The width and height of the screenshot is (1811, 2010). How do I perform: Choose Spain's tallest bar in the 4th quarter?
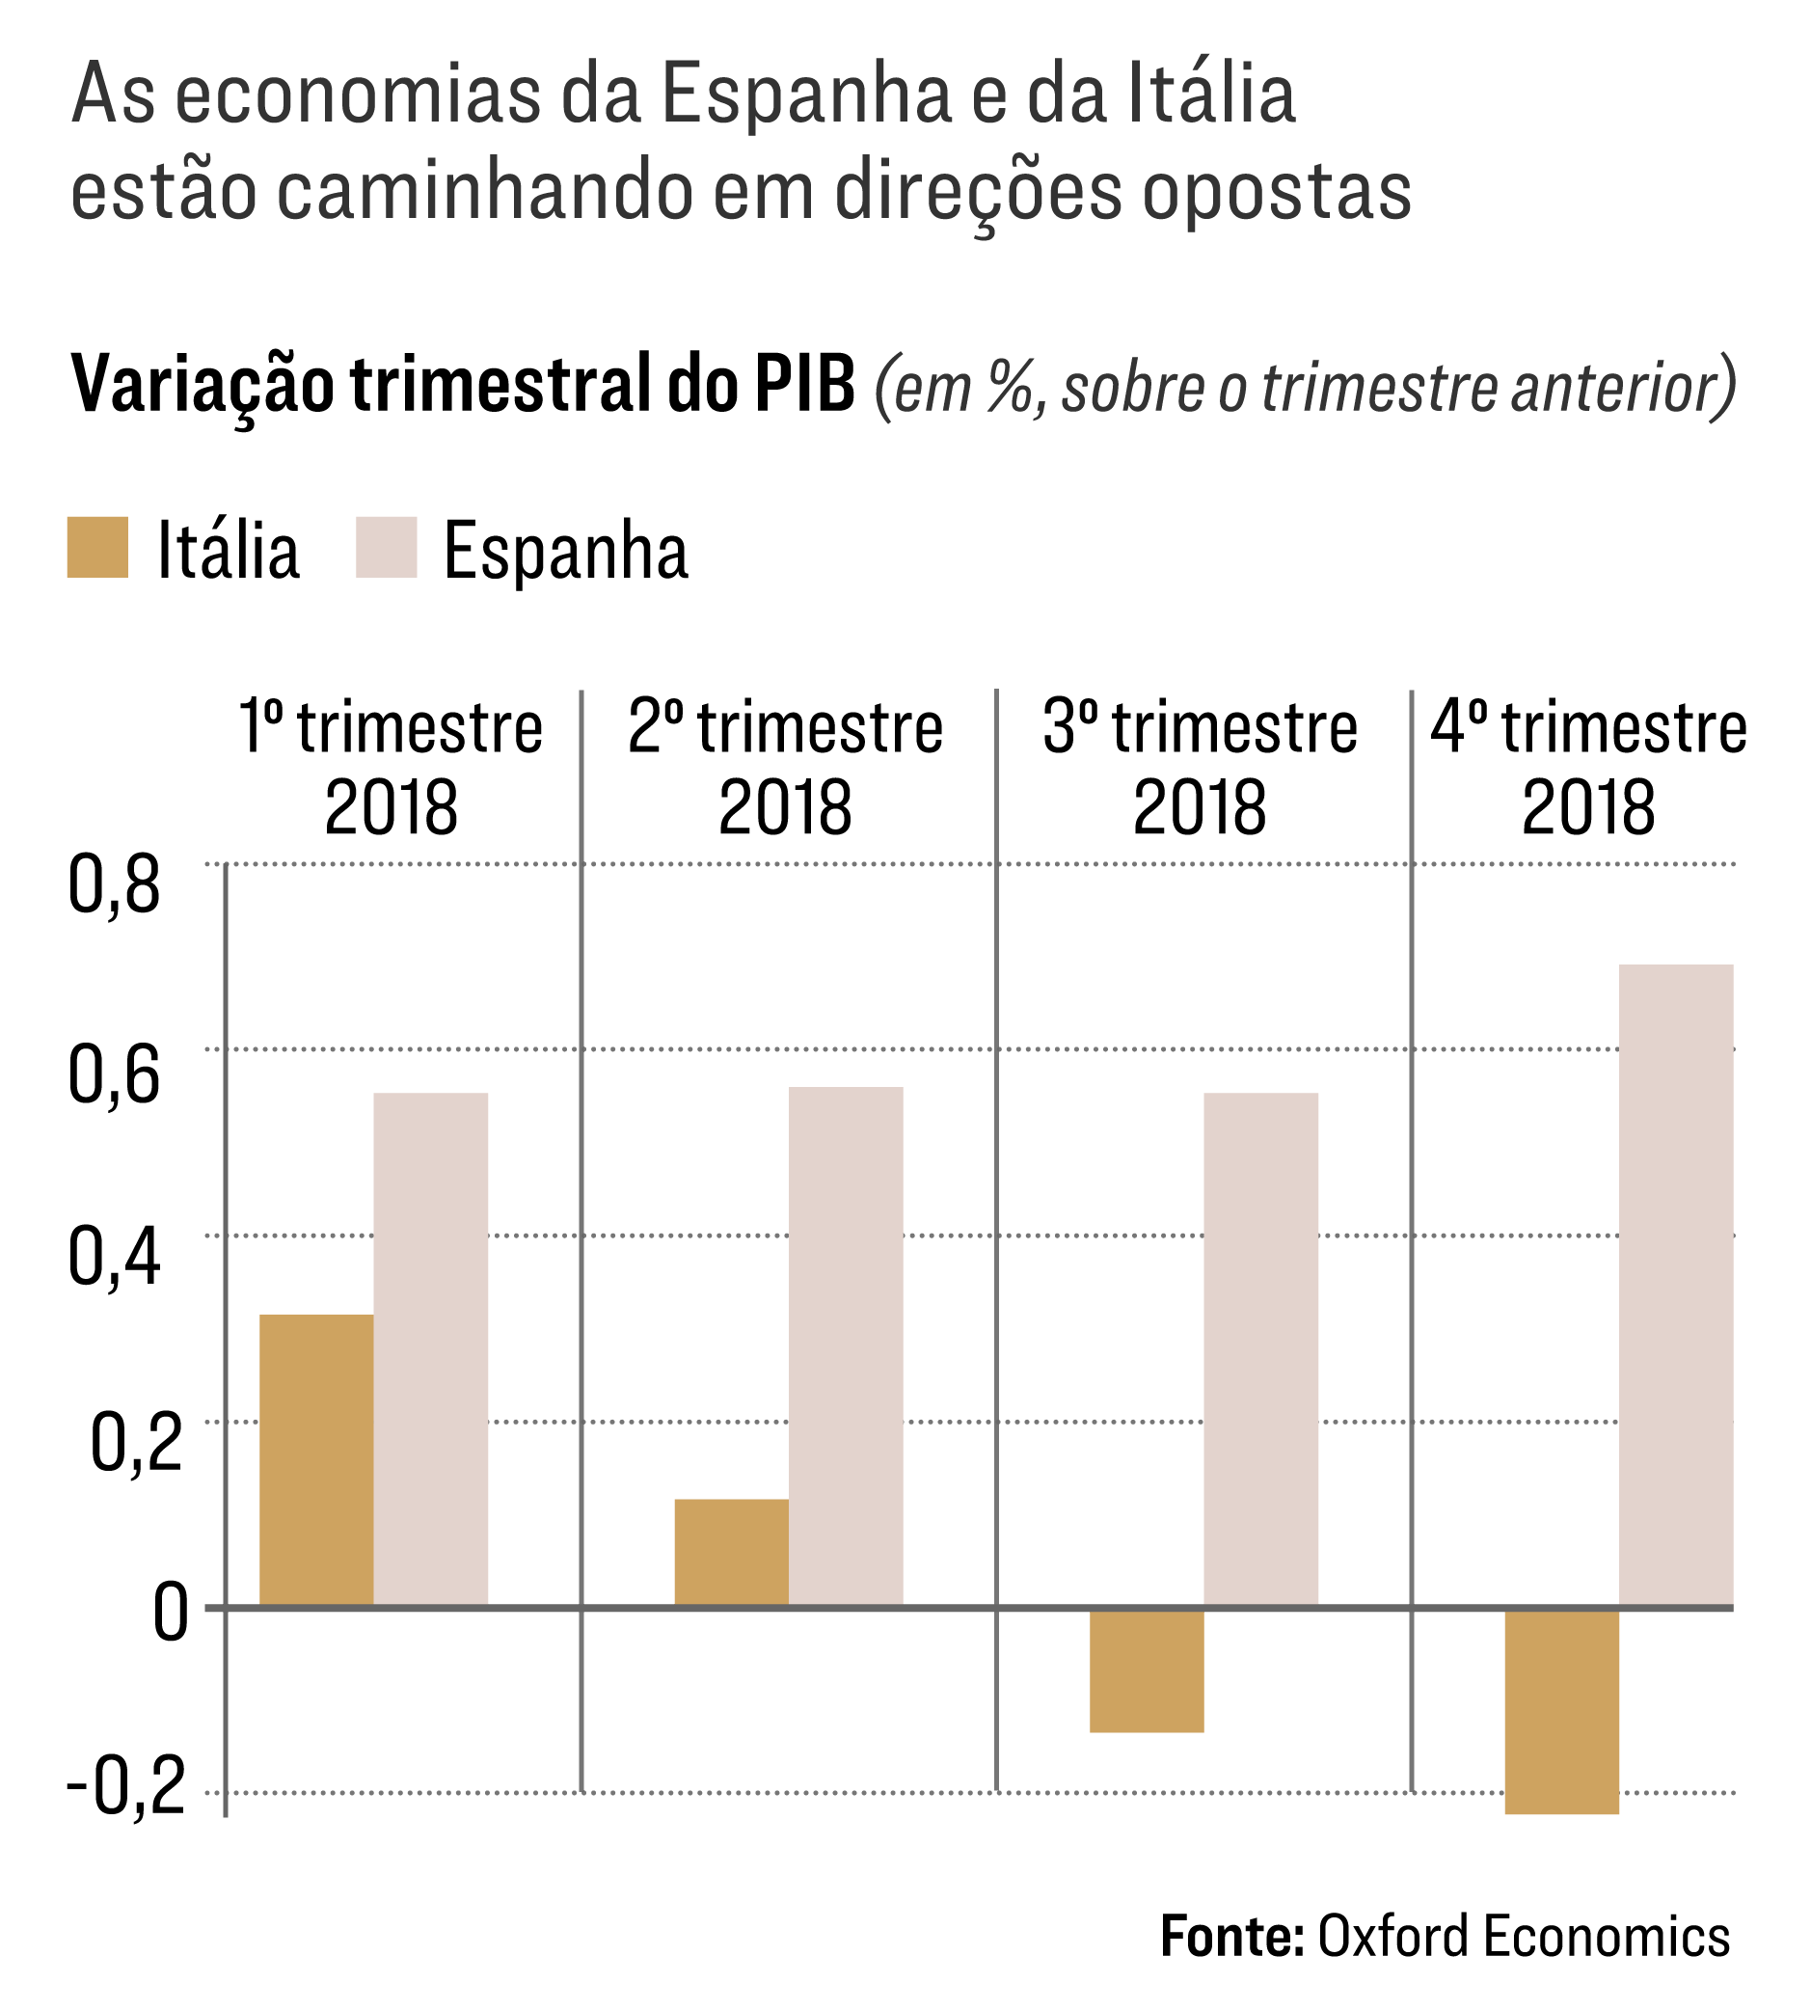tap(1676, 1285)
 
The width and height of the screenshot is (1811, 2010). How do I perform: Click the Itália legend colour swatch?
tap(97, 547)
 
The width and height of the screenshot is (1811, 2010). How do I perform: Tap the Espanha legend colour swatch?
tap(386, 547)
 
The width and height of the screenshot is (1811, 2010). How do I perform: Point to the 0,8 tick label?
tap(114, 885)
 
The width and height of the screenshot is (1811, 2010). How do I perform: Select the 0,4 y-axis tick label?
tap(114, 1259)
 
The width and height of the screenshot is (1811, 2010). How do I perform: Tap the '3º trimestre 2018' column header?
tap(1200, 767)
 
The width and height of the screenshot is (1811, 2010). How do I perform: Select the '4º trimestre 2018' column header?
tap(1588, 767)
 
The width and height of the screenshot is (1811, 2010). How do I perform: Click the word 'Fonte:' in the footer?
tap(1231, 1937)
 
